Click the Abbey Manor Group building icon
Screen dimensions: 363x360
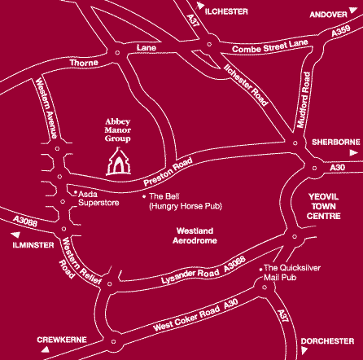[119, 161]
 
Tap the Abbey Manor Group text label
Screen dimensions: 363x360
[118, 130]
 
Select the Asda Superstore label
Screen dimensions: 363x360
[98, 199]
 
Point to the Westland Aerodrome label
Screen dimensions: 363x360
[195, 235]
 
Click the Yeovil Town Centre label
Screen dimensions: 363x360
[323, 206]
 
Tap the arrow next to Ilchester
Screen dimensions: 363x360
[200, 6]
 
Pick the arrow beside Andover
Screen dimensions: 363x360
[353, 10]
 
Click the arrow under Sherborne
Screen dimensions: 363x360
[353, 153]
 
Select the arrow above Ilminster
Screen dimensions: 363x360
[16, 235]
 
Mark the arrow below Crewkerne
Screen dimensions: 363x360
[46, 349]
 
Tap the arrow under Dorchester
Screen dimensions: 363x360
[304, 350]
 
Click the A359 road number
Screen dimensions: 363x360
[341, 31]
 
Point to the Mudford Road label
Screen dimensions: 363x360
[304, 99]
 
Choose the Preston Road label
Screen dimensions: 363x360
[168, 172]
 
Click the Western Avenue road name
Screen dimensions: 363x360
[46, 108]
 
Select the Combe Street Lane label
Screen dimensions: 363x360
[270, 46]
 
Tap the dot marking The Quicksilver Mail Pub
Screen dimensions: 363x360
[260, 270]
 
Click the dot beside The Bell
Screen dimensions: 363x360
[144, 196]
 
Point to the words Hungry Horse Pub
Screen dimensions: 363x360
[186, 206]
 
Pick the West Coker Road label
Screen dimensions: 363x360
[186, 318]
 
